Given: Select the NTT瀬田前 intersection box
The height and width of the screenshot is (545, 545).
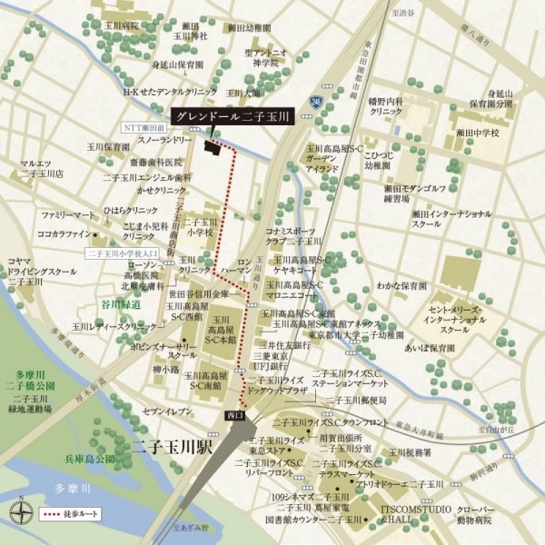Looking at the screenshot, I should coord(145,129).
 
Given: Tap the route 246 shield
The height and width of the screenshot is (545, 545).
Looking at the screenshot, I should coord(315,101).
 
